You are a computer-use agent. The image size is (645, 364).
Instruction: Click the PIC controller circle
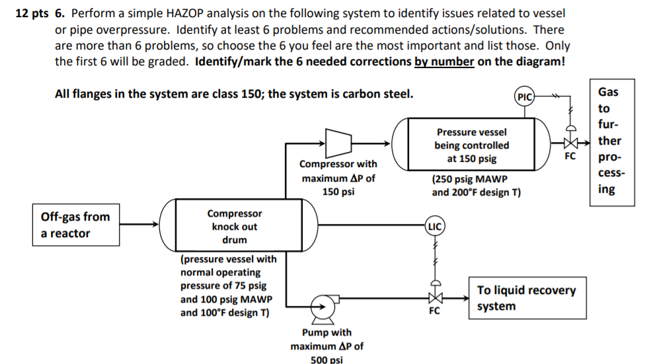[x=525, y=96]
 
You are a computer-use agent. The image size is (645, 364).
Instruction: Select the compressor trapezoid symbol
[x=338, y=141]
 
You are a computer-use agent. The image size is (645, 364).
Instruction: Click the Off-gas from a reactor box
[x=75, y=225]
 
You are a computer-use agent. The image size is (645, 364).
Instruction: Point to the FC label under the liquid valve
[x=434, y=311]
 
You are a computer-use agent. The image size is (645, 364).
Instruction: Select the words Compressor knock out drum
[x=234, y=227]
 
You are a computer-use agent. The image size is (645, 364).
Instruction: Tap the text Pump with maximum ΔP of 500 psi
[x=326, y=346]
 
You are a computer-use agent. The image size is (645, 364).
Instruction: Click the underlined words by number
[x=444, y=62]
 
